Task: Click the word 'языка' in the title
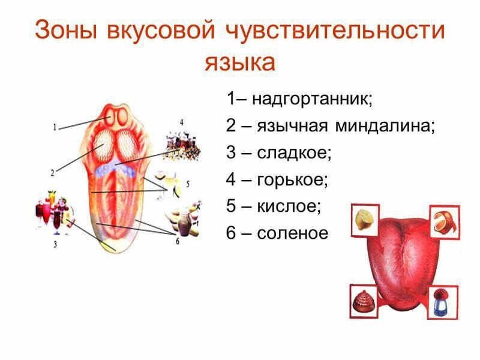[x=240, y=62]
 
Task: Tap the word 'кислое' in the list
[x=289, y=206]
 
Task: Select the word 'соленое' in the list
[x=293, y=233]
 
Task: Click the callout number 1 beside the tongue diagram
[x=54, y=127]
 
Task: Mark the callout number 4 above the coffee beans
[x=181, y=122]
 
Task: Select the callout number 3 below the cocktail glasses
[x=55, y=244]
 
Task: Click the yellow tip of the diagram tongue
[x=112, y=245]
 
